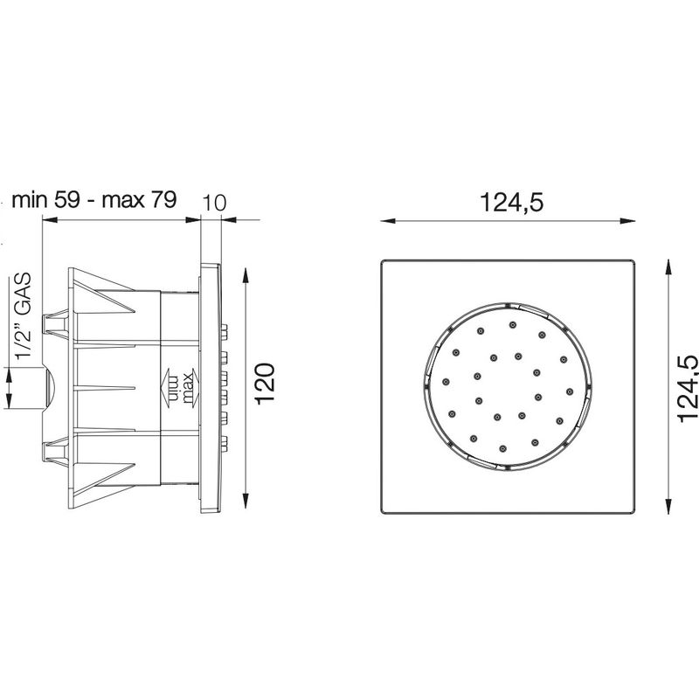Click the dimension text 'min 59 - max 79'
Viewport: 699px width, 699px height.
point(94,200)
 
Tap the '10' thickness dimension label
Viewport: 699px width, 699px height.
point(214,203)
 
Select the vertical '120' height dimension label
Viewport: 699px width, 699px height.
point(266,384)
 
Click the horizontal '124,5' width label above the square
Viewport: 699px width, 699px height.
point(512,203)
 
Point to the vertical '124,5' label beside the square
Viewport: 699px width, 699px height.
point(687,388)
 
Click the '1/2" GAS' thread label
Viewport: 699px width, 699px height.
point(23,315)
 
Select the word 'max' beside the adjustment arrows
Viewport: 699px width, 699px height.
point(187,389)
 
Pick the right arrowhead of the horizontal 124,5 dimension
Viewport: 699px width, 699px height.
point(627,221)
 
